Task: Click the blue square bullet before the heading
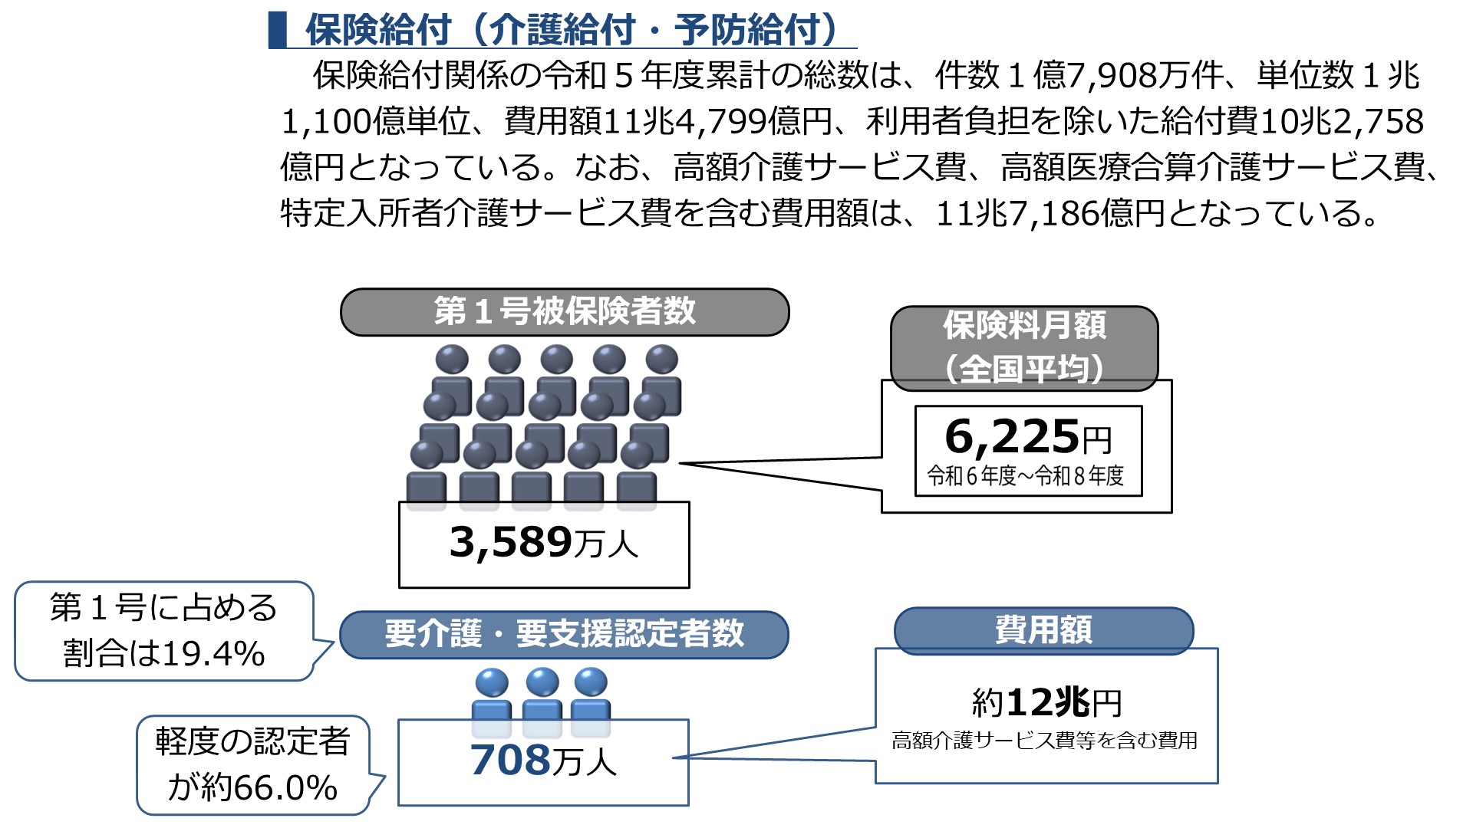click(x=277, y=30)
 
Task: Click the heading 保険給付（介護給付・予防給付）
click(x=571, y=31)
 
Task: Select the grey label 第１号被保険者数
click(x=565, y=312)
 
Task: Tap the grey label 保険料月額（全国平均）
click(x=1024, y=347)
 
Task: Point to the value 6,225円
click(x=1028, y=437)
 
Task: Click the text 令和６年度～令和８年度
click(x=1026, y=476)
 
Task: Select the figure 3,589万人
click(x=544, y=543)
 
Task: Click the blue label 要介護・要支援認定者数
click(x=565, y=634)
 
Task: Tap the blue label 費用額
click(x=1043, y=630)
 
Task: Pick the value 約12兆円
click(x=1046, y=702)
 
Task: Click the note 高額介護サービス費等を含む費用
click(x=1045, y=741)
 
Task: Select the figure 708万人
click(x=543, y=761)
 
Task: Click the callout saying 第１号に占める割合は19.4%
click(x=163, y=631)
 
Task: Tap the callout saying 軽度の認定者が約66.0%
click(x=252, y=764)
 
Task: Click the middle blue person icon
click(x=542, y=701)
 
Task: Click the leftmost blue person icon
click(x=492, y=701)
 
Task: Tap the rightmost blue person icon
click(x=591, y=701)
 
